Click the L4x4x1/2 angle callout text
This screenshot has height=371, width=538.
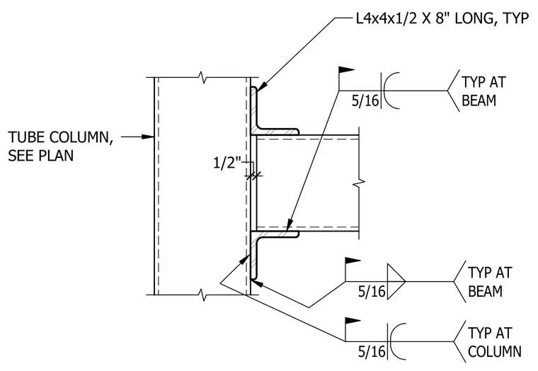(442, 18)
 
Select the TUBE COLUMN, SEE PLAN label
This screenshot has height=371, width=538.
(60, 146)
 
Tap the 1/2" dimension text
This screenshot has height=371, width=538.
(227, 162)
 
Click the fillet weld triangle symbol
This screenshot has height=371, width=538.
(396, 281)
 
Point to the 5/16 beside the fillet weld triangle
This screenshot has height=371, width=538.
(372, 292)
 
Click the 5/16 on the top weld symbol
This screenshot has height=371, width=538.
(365, 101)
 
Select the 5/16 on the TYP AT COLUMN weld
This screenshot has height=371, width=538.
(372, 351)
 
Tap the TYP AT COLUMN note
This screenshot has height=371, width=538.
(494, 342)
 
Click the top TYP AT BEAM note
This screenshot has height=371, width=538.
(483, 91)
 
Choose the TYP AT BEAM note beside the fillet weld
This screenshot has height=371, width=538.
(490, 282)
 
